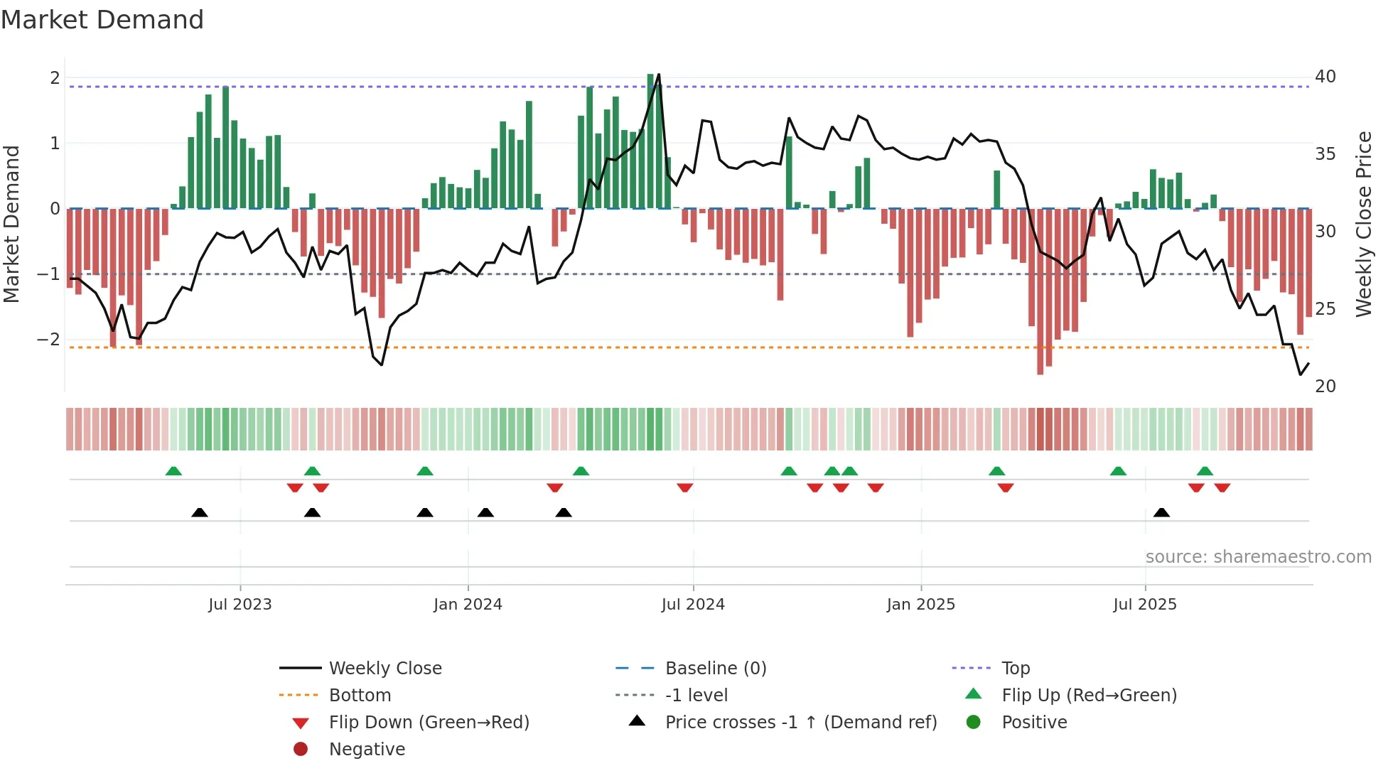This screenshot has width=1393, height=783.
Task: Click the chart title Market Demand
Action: click(x=102, y=20)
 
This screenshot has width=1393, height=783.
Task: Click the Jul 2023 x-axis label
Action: click(x=240, y=605)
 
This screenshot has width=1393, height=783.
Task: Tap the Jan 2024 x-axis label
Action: click(x=468, y=605)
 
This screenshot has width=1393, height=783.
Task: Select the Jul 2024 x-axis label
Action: click(x=693, y=605)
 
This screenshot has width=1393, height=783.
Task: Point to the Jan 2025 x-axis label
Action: click(x=921, y=605)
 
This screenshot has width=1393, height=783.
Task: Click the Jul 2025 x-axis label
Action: click(x=1145, y=605)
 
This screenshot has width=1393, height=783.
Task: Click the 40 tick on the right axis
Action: click(x=1325, y=77)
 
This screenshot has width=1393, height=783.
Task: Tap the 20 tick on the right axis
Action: click(x=1325, y=387)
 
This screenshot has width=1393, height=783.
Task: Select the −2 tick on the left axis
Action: click(x=49, y=340)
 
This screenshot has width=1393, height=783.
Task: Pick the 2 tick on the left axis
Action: click(x=55, y=78)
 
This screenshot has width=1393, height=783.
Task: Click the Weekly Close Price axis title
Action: click(x=1364, y=224)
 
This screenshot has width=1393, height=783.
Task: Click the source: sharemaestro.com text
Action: click(x=1259, y=557)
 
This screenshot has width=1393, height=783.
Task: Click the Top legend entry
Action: click(x=1016, y=669)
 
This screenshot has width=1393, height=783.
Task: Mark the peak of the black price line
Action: click(x=659, y=74)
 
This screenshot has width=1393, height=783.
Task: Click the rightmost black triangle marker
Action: click(x=1162, y=513)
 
